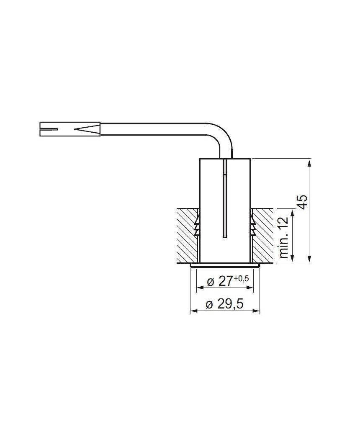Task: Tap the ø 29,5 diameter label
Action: [225, 304]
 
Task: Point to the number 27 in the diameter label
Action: [225, 281]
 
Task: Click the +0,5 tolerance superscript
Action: [241, 278]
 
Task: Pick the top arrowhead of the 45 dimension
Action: [309, 162]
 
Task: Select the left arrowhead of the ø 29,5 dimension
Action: [193, 311]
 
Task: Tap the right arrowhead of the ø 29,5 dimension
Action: [257, 311]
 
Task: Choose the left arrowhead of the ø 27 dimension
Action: [199, 288]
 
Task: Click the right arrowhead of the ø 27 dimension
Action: [251, 288]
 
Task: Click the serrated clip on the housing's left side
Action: [198, 226]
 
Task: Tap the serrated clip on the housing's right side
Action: [252, 226]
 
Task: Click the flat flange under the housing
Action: [225, 265]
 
